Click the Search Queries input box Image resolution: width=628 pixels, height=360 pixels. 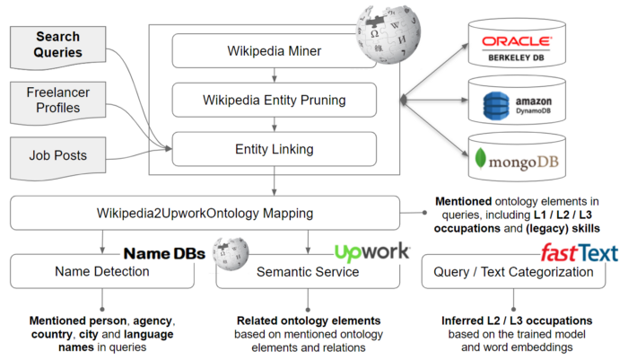click(x=66, y=46)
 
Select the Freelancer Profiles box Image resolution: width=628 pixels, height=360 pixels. click(x=66, y=100)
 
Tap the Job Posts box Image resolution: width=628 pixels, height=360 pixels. click(x=66, y=155)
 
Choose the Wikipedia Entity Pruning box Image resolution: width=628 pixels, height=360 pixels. click(x=274, y=99)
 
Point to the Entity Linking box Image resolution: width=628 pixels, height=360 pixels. click(x=274, y=147)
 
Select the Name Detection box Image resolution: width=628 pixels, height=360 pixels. click(x=102, y=271)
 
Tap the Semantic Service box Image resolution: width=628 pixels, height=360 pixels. click(x=308, y=271)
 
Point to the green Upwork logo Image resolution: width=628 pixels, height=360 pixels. click(x=371, y=252)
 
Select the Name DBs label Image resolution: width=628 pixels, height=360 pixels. click(x=164, y=254)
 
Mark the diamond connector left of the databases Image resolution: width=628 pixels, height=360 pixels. click(x=406, y=100)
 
